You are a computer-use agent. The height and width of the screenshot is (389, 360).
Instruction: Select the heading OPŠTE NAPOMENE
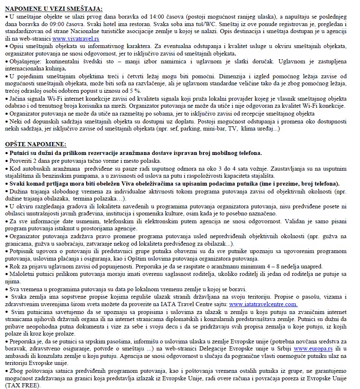pyautogui.click(x=36, y=145)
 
